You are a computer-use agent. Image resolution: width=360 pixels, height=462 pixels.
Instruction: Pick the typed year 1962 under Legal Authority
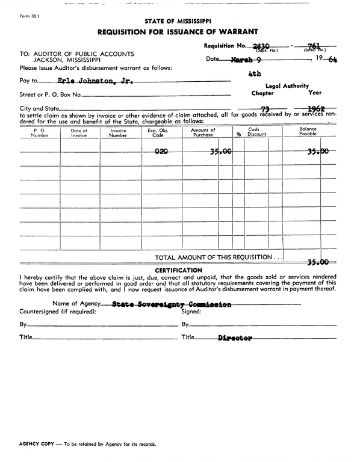coord(316,109)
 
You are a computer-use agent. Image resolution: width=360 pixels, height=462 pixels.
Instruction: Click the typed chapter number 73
coord(264,109)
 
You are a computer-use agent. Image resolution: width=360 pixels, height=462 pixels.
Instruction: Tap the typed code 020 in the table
coord(161,152)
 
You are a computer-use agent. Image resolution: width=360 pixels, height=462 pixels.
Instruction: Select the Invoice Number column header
coord(119,133)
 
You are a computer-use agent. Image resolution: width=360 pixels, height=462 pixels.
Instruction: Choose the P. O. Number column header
coord(40,133)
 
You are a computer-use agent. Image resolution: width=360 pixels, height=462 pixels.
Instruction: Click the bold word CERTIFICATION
coord(178,270)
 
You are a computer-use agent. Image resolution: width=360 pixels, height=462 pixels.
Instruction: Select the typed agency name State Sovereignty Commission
coord(172,304)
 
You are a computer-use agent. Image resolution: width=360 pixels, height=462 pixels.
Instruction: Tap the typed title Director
coord(235,338)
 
